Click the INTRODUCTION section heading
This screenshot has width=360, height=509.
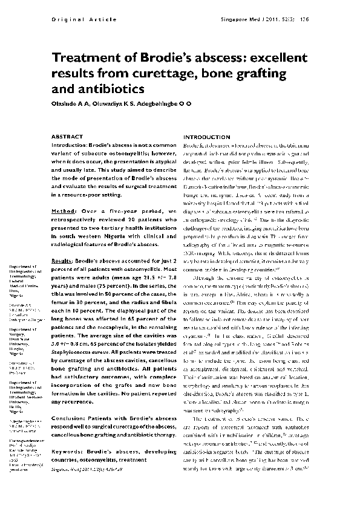pos(206,137)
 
